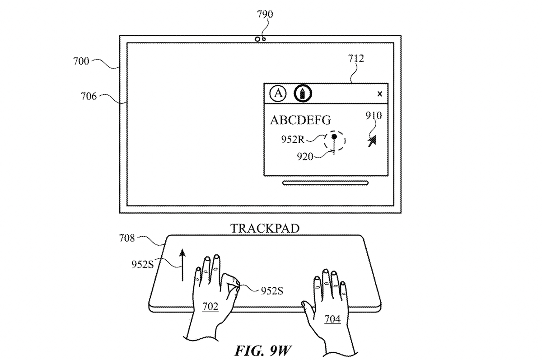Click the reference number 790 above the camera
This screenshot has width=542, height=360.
pyautogui.click(x=265, y=15)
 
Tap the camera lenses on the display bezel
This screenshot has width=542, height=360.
pyautogui.click(x=260, y=39)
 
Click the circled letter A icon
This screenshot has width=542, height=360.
pyautogui.click(x=278, y=94)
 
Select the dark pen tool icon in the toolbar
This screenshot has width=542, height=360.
pyautogui.click(x=302, y=94)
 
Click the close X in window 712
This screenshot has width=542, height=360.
pyautogui.click(x=379, y=94)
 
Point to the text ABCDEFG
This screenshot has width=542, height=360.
pyautogui.click(x=300, y=120)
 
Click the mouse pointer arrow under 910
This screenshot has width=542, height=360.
pyautogui.click(x=373, y=141)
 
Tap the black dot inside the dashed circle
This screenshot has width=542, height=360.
pyautogui.click(x=334, y=136)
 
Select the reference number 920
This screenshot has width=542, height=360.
pyautogui.click(x=306, y=156)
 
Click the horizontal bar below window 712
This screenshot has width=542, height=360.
pyautogui.click(x=326, y=183)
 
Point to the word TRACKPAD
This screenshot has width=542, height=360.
pyautogui.click(x=265, y=228)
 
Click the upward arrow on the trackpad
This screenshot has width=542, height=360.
pyautogui.click(x=182, y=264)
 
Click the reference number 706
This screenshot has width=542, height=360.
pyautogui.click(x=89, y=96)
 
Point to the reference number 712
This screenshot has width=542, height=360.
pyautogui.click(x=356, y=58)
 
